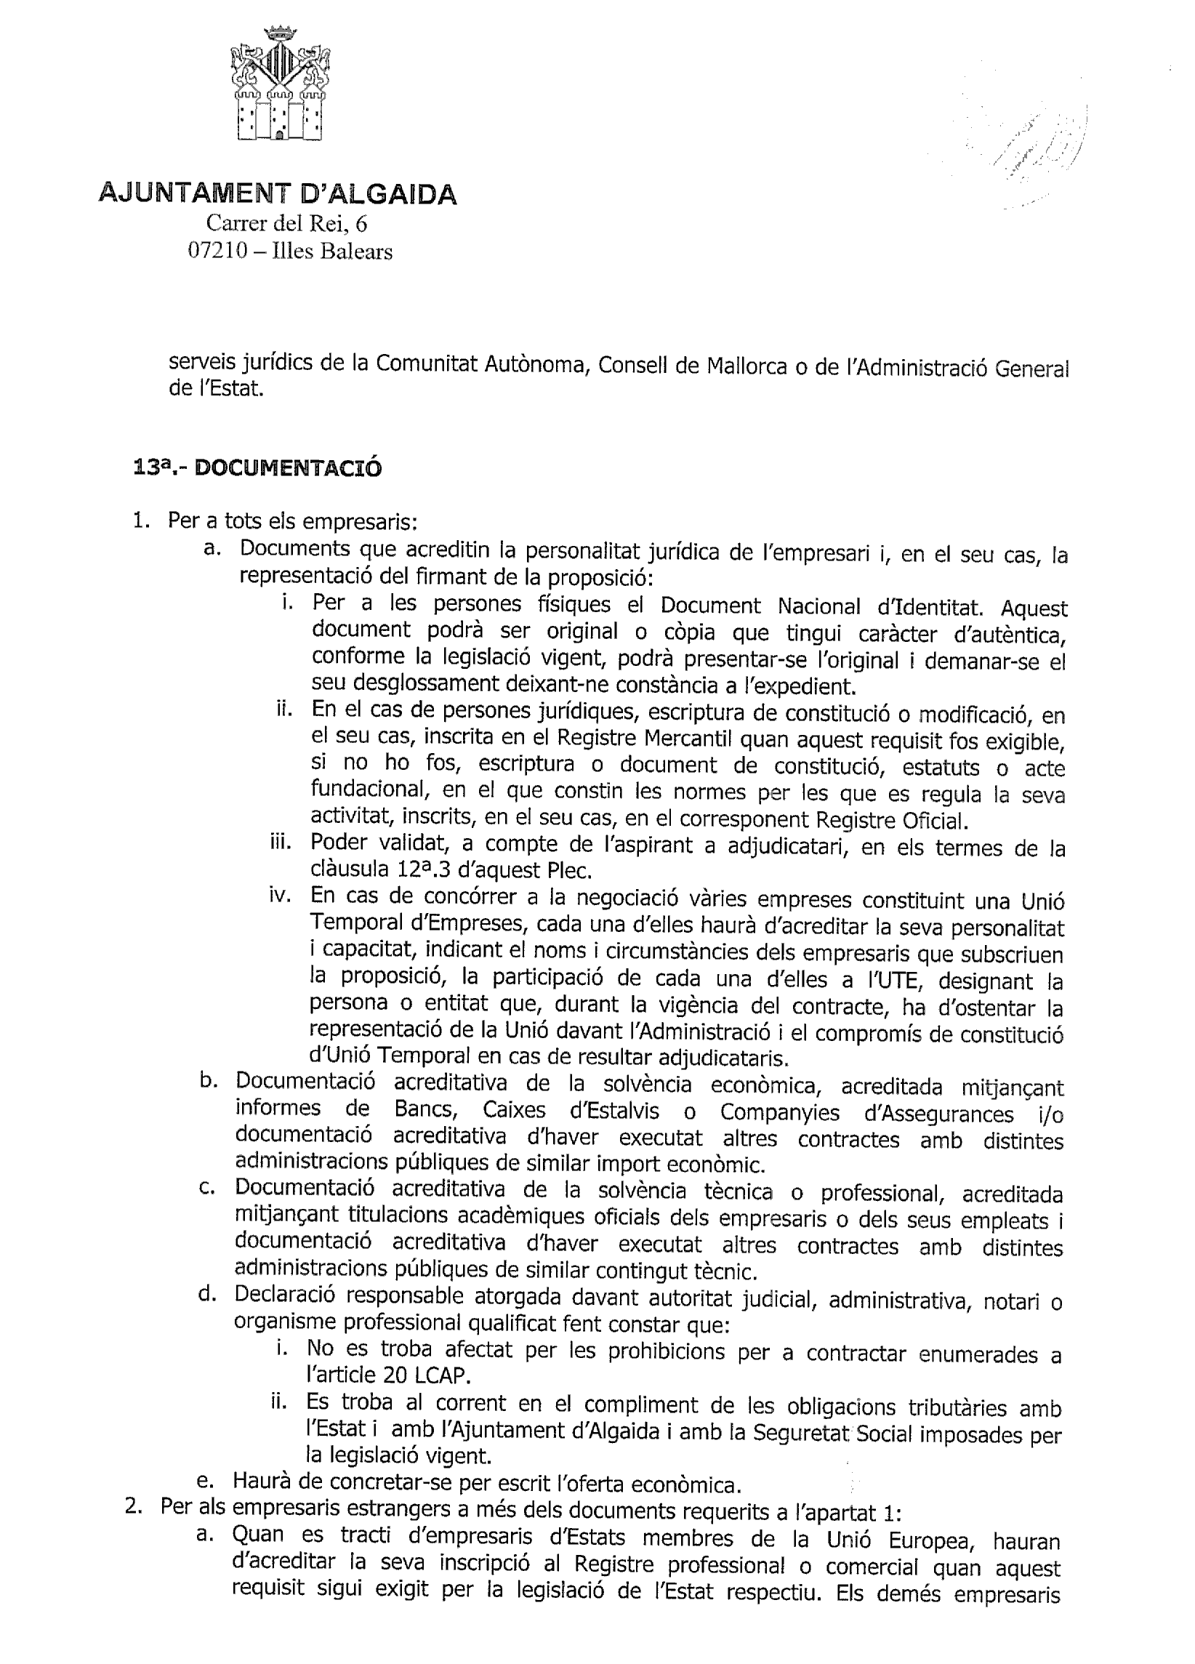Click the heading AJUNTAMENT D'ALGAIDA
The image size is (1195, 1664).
278,194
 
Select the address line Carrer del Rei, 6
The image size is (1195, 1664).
286,222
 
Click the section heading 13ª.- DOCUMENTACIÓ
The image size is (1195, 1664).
258,467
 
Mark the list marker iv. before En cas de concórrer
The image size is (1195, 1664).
283,896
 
